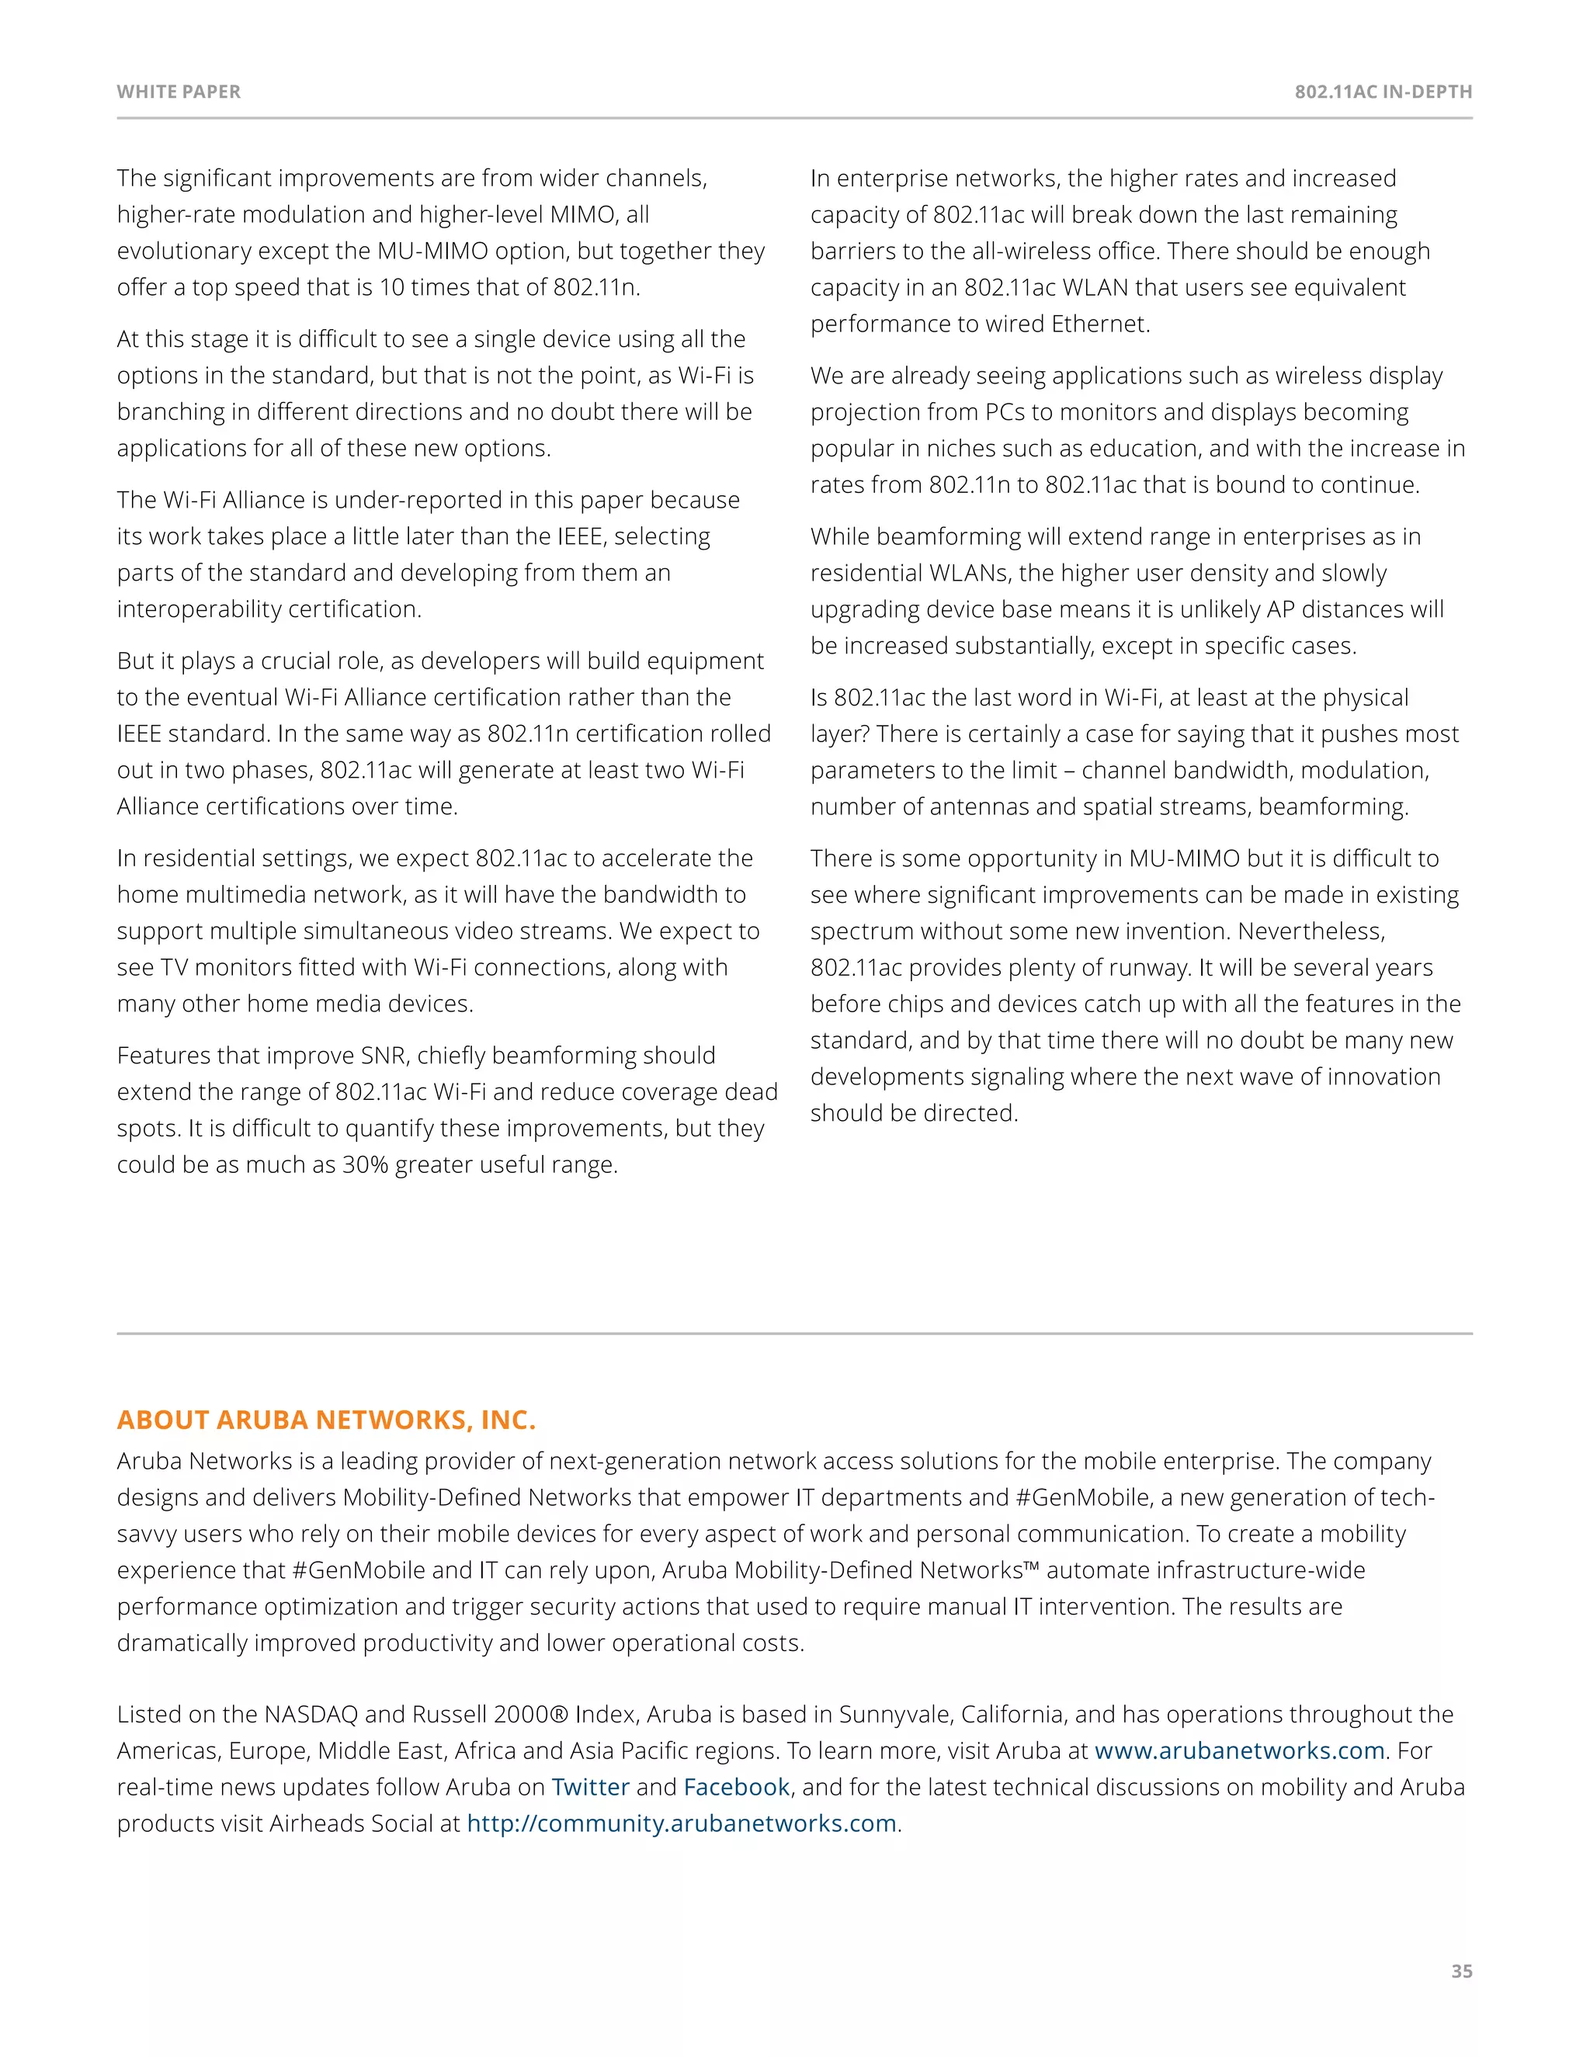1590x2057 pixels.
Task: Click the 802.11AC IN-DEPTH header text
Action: point(1382,92)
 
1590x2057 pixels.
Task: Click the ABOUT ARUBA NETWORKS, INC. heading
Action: point(326,1420)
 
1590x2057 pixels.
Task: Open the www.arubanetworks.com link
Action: point(1238,1750)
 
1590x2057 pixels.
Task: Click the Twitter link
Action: point(590,1787)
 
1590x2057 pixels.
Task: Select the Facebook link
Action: point(736,1787)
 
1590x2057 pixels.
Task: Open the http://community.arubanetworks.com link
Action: point(681,1823)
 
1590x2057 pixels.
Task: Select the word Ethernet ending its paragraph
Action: point(1099,324)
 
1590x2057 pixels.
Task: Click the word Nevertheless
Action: point(1311,931)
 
